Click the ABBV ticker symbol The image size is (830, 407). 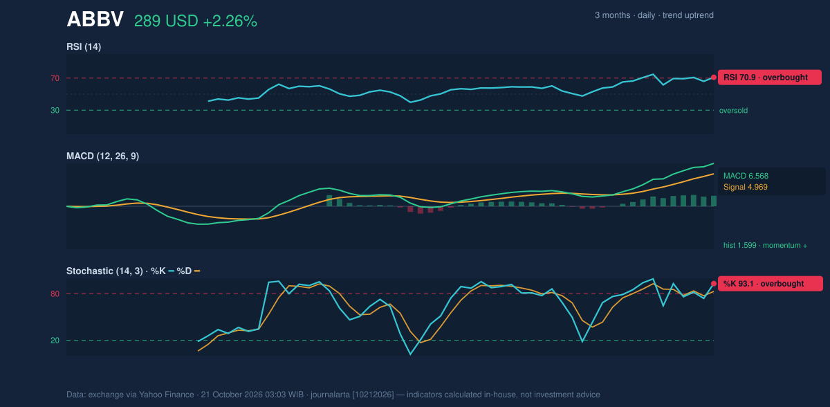coord(95,19)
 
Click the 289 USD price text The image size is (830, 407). coord(166,21)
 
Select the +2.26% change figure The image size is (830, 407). coord(230,21)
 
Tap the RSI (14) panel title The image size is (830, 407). coord(84,46)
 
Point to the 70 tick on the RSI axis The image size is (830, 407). coord(55,78)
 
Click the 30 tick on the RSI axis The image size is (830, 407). coord(55,111)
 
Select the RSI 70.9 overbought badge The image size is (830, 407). coord(770,78)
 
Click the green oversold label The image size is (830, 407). coord(733,111)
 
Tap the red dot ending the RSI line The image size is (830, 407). coord(714,78)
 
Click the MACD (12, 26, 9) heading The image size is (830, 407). coord(102,156)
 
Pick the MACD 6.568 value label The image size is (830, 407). coord(746,176)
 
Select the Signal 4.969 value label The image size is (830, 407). coord(746,187)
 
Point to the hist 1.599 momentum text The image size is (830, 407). coord(765,246)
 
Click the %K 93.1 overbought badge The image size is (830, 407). coord(771,284)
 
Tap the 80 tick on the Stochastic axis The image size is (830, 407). coord(55,294)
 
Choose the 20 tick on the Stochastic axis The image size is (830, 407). coord(55,341)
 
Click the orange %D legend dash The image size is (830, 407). coord(197,271)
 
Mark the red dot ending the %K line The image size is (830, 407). coord(714,284)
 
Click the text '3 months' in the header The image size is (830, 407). coord(613,15)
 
